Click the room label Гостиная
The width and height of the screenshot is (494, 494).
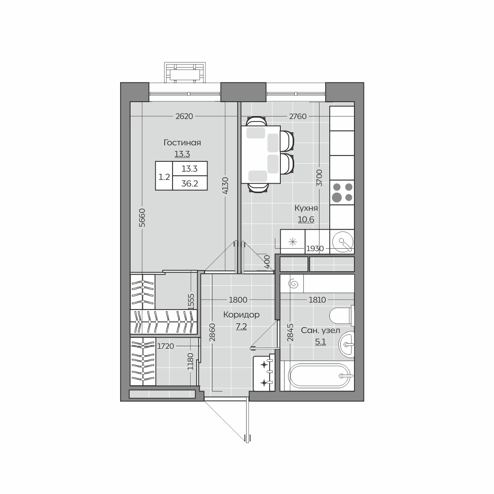[x=182, y=142]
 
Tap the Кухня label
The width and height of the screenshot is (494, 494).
[x=306, y=208]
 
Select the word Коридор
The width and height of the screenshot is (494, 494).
[x=241, y=315]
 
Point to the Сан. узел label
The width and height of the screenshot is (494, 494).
[x=320, y=331]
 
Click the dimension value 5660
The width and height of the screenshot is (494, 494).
[x=142, y=218]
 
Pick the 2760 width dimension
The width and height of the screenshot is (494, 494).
[x=298, y=117]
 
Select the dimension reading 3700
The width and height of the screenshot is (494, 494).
[x=319, y=178]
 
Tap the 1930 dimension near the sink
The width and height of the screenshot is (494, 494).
[x=315, y=248]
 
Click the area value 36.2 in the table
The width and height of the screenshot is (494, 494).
[x=190, y=183]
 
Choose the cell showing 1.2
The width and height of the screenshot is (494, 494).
[x=164, y=177]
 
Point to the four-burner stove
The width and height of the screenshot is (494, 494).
[x=342, y=192]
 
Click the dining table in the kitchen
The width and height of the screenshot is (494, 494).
[x=261, y=155]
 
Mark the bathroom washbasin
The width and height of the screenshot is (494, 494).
[x=347, y=344]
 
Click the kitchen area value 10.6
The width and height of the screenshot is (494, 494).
[x=306, y=220]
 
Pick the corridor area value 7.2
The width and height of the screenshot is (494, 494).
[x=241, y=327]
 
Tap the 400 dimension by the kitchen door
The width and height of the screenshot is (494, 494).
[x=267, y=262]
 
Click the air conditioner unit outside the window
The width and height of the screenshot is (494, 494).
[x=185, y=72]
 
